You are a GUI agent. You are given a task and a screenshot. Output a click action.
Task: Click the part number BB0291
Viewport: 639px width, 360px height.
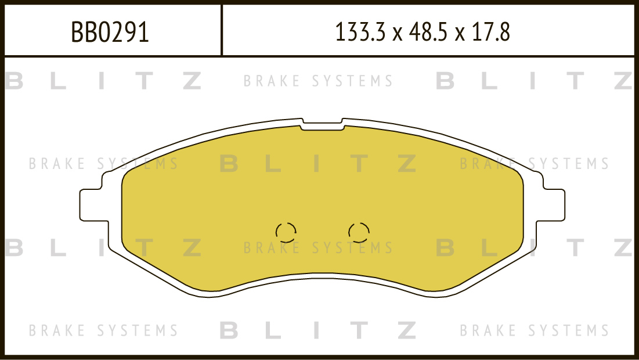pyautogui.click(x=110, y=32)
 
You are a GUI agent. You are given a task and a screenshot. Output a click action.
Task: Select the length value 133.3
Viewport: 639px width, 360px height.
pyautogui.click(x=360, y=32)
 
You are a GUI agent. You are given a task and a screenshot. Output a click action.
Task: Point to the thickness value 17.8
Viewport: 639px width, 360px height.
pyautogui.click(x=490, y=32)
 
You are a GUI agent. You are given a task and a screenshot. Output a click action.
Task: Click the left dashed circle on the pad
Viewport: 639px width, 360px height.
pyautogui.click(x=286, y=232)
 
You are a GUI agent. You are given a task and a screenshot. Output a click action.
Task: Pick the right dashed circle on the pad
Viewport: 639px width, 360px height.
pyautogui.click(x=359, y=232)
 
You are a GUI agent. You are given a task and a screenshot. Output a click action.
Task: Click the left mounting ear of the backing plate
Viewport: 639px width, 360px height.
pyautogui.click(x=94, y=205)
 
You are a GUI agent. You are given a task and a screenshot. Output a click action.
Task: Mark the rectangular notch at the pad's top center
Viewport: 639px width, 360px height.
pyautogui.click(x=322, y=125)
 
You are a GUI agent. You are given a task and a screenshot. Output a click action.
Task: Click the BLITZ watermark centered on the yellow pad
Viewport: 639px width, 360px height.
pyautogui.click(x=318, y=163)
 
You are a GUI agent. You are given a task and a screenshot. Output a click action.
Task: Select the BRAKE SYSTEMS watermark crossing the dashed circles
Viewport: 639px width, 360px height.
pyautogui.click(x=318, y=247)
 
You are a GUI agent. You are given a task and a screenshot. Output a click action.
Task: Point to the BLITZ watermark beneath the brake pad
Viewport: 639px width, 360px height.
pyautogui.click(x=318, y=330)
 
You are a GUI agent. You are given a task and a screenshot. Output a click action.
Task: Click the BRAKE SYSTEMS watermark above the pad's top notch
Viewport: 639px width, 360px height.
pyautogui.click(x=318, y=81)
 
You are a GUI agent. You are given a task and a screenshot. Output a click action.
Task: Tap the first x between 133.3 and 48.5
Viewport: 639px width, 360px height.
pyautogui.click(x=398, y=34)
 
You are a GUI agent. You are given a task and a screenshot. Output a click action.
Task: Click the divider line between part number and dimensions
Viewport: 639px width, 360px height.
pyautogui.click(x=222, y=30)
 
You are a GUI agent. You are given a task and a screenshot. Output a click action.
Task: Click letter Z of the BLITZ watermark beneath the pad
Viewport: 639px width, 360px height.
pyautogui.click(x=407, y=330)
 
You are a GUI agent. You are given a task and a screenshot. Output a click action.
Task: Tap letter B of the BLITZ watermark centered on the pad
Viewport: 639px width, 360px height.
pyautogui.click(x=229, y=163)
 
